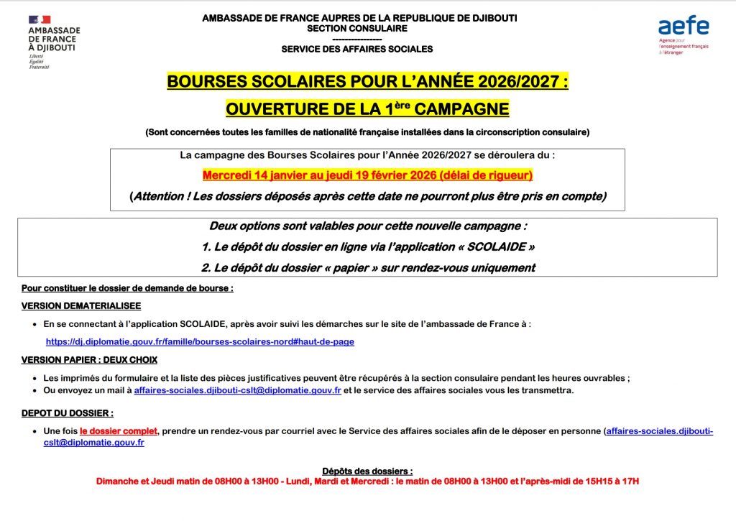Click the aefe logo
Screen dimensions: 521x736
[x=684, y=27]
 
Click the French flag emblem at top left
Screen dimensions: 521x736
[x=40, y=19]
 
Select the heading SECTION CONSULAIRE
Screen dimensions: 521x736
[x=356, y=29]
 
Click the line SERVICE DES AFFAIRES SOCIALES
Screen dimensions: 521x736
[x=356, y=49]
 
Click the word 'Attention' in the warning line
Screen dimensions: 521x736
[x=159, y=196]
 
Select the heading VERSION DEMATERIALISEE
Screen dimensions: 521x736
[x=81, y=305]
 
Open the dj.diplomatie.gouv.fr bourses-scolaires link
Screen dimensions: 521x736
[x=200, y=342]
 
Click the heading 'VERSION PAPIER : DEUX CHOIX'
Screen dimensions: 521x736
[x=89, y=360]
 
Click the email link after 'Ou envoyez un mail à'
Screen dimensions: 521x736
[x=237, y=390]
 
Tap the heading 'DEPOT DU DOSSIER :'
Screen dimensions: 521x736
[x=68, y=413]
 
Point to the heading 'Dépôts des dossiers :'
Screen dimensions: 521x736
[x=367, y=470]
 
